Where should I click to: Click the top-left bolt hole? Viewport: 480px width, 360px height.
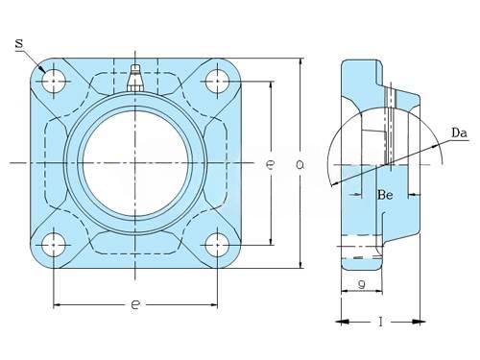pyautogui.click(x=54, y=82)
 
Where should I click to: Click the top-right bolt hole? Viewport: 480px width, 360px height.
pyautogui.click(x=217, y=82)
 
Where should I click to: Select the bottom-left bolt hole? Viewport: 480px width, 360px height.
pyautogui.click(x=54, y=245)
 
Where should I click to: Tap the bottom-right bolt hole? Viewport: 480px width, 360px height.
pyautogui.click(x=217, y=245)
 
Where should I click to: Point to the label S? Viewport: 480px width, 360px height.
pyautogui.click(x=19, y=43)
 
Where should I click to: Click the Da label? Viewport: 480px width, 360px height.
pyautogui.click(x=460, y=132)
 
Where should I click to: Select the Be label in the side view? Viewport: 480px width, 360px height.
pyautogui.click(x=385, y=195)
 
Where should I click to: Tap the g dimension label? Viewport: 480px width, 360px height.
pyautogui.click(x=362, y=283)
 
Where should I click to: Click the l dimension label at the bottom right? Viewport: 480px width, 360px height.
pyautogui.click(x=380, y=322)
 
